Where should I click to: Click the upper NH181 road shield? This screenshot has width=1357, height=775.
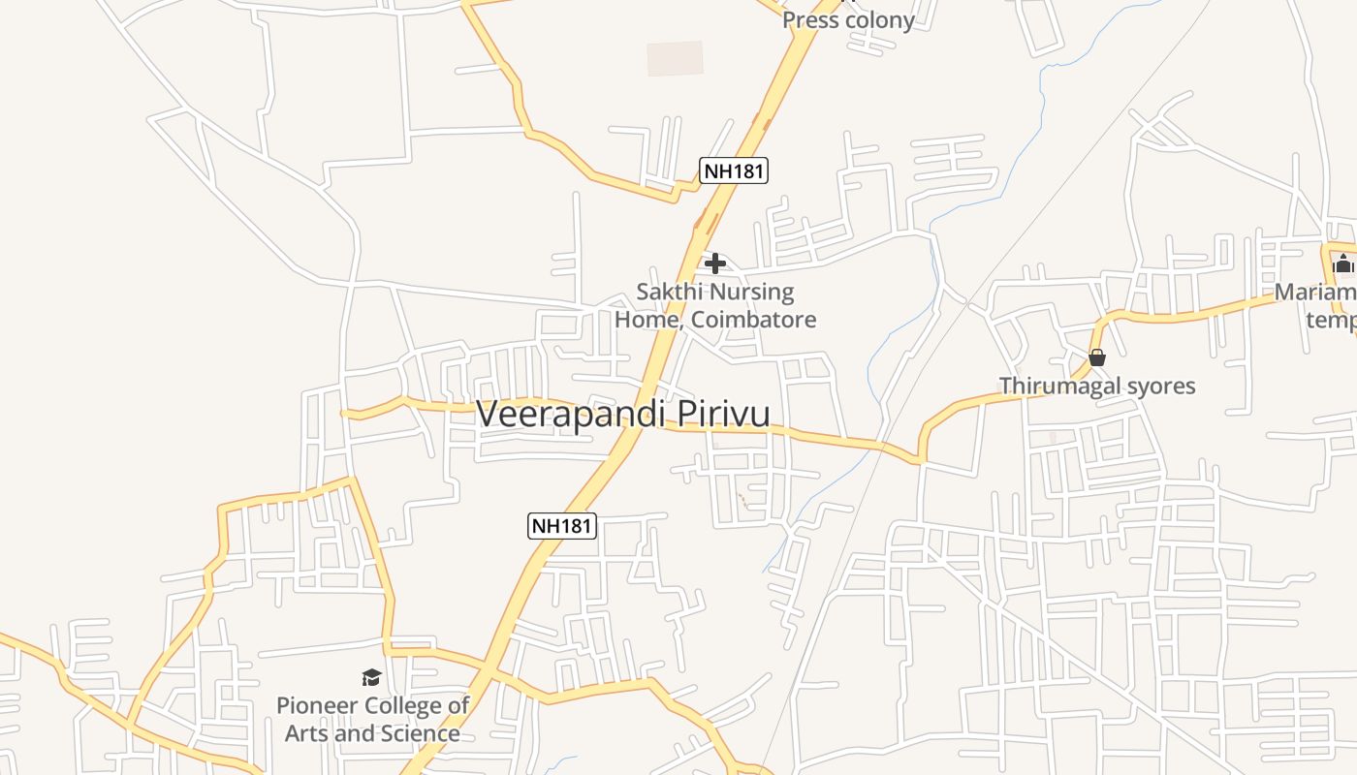(734, 171)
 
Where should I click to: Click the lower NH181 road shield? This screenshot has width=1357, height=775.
(562, 526)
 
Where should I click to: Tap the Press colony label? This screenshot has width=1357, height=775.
(848, 20)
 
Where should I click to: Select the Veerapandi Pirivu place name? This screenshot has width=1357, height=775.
(623, 414)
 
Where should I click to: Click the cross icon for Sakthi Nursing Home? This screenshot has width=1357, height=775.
(715, 263)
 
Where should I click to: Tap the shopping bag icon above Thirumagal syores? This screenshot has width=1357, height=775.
(1097, 357)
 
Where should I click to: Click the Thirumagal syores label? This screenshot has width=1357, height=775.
(1097, 386)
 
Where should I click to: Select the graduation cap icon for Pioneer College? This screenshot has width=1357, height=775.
(371, 677)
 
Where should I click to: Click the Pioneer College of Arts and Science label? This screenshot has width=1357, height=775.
(372, 719)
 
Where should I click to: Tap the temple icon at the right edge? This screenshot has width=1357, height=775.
(1342, 263)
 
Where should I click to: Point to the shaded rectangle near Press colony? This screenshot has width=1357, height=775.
(675, 58)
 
